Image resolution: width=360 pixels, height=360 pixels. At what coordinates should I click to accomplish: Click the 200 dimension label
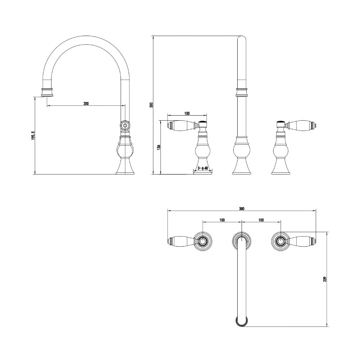(86, 104)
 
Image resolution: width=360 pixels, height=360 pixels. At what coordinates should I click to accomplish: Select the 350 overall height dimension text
(151, 105)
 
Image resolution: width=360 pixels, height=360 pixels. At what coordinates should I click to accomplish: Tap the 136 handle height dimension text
(159, 147)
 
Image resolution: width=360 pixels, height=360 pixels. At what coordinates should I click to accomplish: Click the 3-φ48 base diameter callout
(202, 168)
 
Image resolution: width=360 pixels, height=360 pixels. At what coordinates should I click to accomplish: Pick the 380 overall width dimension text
(242, 209)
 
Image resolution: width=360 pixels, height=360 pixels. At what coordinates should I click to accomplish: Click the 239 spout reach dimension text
(324, 279)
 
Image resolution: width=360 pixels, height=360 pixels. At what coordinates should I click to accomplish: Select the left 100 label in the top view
(222, 220)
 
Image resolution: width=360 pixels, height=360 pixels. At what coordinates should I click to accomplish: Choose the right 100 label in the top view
(261, 220)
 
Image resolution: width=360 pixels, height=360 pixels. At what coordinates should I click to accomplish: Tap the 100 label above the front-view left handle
(187, 113)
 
